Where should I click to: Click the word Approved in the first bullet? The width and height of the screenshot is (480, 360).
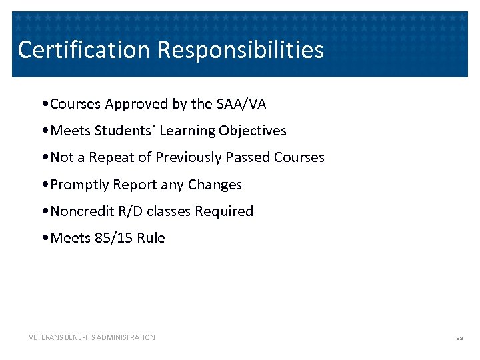[x=133, y=104]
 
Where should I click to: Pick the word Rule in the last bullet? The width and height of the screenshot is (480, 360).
[x=151, y=238]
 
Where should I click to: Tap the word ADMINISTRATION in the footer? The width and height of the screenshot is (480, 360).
[x=126, y=337]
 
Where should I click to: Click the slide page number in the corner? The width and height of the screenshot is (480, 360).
[x=459, y=338]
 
